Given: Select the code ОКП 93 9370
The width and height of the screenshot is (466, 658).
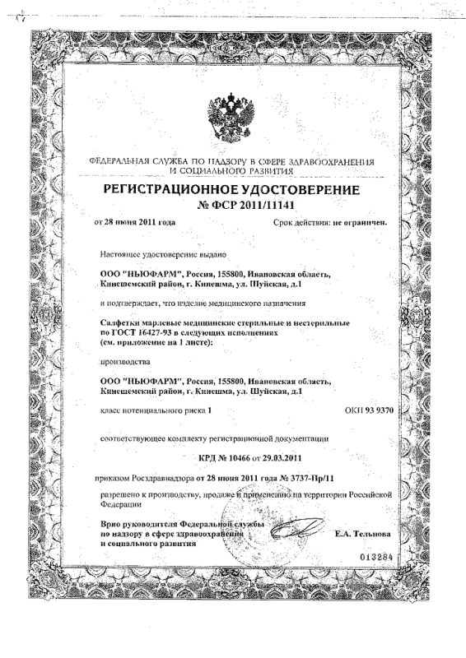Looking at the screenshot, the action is [370, 409].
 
